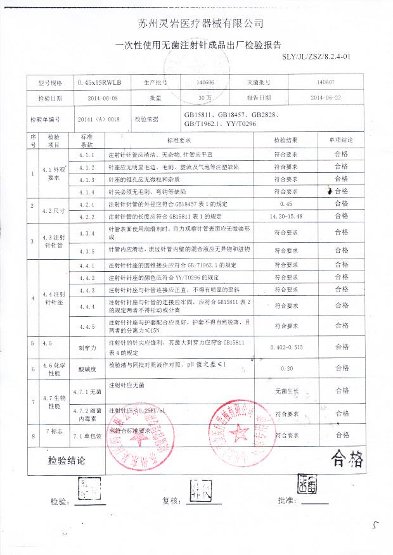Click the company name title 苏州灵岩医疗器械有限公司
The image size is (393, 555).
pos(200,23)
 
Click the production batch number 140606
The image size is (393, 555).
pos(205,83)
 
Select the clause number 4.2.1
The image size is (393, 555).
pos(86,205)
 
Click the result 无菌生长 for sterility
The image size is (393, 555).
pos(286,393)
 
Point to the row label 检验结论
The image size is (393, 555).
pos(66,461)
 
